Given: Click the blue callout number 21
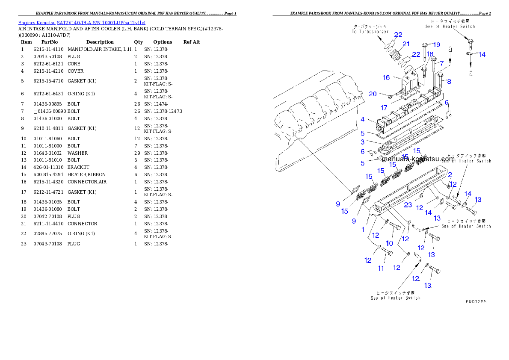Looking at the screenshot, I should [406, 44].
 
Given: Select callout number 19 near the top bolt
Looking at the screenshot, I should [436, 44].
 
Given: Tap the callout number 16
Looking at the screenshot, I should [386, 77].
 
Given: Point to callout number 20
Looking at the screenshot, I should [373, 94].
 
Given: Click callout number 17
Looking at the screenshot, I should [384, 108].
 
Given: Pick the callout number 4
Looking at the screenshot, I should [362, 119].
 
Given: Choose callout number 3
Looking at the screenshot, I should [362, 142].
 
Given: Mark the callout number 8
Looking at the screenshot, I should [449, 81].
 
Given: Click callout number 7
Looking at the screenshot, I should [441, 63].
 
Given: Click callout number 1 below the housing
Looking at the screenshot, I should [363, 229].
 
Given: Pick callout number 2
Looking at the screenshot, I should [450, 174].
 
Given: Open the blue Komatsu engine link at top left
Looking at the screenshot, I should [82, 22].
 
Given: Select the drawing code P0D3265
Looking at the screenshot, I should [476, 301].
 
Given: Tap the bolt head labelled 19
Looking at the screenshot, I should [425, 44].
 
